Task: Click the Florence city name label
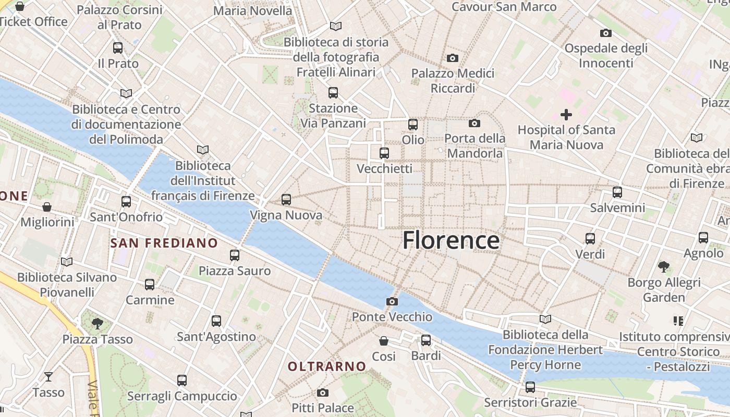451,240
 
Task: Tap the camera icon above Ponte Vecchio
392,301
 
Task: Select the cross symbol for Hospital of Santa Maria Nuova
566,114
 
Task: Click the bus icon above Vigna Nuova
286,199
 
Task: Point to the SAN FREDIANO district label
164,243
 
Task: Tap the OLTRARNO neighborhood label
327,366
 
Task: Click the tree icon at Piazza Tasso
97,324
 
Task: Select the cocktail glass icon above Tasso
48,376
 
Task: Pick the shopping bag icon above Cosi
384,341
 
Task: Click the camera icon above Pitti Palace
323,393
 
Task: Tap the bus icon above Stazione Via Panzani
333,93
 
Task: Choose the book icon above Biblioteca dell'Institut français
203,150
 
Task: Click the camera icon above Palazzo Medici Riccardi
453,58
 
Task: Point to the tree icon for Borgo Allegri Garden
664,267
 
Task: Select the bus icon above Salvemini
617,192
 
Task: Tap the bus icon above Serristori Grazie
530,387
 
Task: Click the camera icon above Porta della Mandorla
475,123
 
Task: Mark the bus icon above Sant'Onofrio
126,201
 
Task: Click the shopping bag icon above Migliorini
47,207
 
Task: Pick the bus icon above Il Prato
118,48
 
